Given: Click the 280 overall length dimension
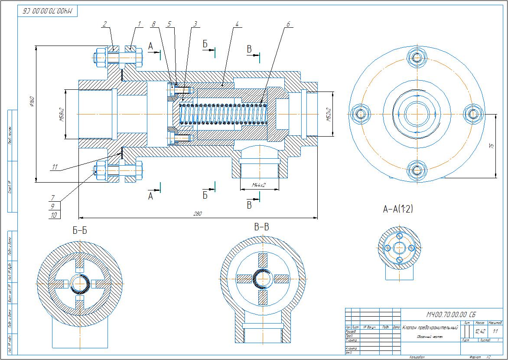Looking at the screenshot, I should coord(198,214).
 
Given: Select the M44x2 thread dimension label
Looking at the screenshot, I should coord(259,185).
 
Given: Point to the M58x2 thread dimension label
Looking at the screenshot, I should coord(62,115).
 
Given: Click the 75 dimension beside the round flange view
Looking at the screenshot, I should coord(491,146).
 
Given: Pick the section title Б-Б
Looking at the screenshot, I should coord(79,230).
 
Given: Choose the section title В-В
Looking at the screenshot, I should coord(261,227).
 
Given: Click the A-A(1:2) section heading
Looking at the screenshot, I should coord(398,209).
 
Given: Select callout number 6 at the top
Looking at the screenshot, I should coord(288,24).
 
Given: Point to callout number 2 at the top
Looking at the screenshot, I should coord(104,24).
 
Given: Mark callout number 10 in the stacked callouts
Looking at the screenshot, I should coord(54,215).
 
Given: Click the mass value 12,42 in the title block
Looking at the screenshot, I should coord(480,331).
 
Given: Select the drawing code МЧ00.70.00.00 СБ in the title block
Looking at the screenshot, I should coord(451,314).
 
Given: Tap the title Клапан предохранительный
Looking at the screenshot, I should coord(430,327).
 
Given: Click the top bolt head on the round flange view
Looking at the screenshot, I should coord(417,57).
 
